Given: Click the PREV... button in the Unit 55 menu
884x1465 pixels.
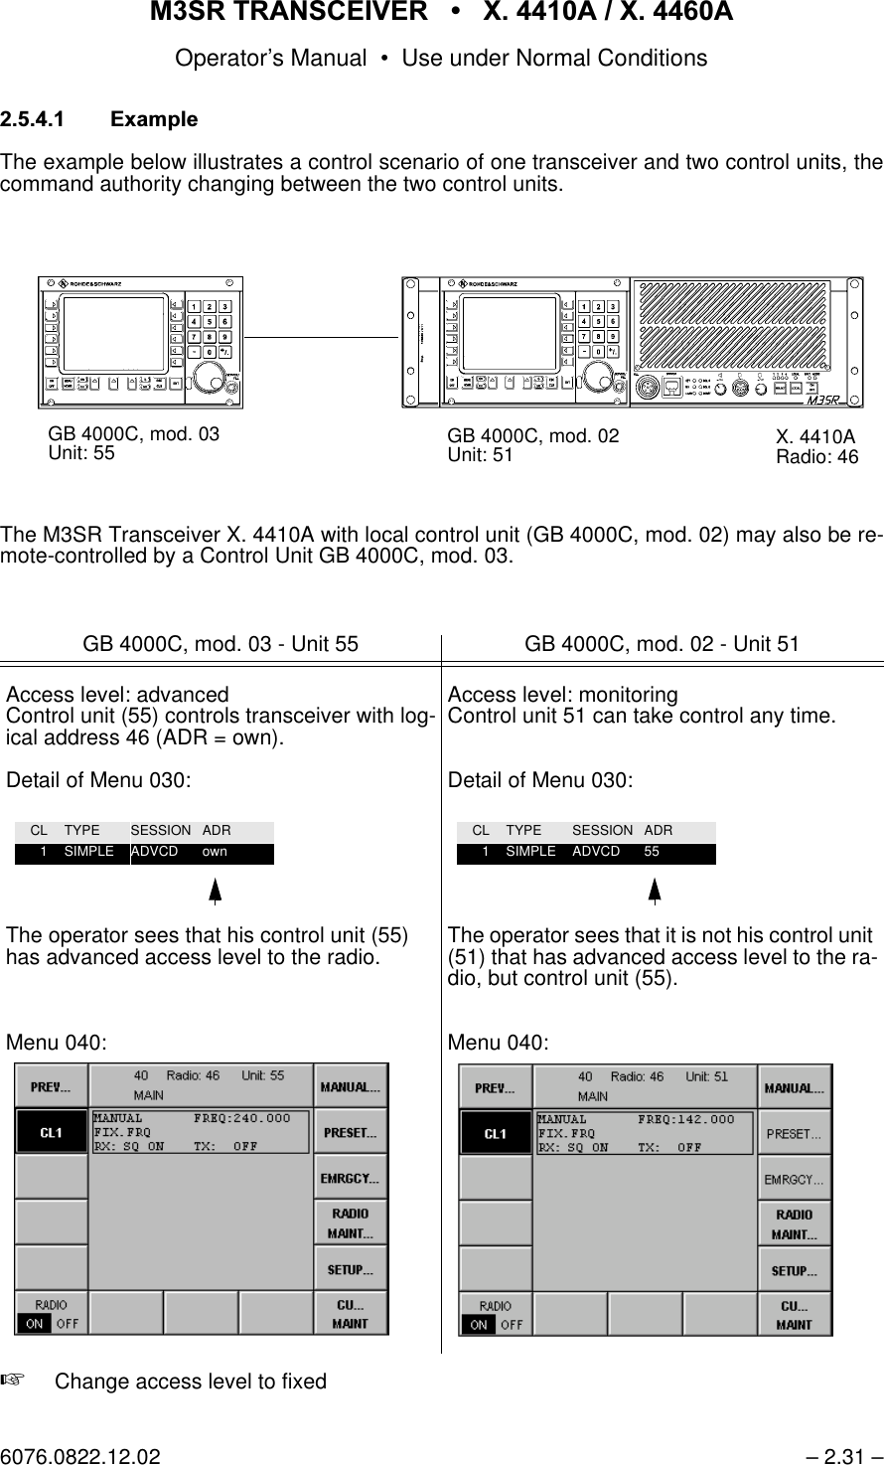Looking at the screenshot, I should [51, 1087].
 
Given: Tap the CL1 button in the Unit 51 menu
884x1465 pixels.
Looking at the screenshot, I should [495, 1134].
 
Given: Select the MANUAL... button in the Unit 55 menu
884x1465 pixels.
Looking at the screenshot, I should [351, 1087].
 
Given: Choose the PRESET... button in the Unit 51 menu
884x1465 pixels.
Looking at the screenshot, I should [795, 1134].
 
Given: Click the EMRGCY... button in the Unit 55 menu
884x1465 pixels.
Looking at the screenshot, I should [351, 1179].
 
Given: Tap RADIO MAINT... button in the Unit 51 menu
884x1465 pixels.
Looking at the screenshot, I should [795, 1224].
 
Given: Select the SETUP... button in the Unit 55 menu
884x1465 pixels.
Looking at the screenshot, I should [351, 1269].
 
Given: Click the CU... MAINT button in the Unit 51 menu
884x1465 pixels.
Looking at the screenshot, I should [795, 1315].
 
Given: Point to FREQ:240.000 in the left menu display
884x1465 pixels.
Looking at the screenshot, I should [242, 1118].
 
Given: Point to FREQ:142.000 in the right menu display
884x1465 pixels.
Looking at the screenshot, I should [686, 1119].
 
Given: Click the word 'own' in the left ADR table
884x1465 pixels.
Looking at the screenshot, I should [215, 853].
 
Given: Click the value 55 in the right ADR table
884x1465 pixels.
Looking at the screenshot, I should [652, 853].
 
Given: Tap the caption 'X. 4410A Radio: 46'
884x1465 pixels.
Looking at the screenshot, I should [816, 447].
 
